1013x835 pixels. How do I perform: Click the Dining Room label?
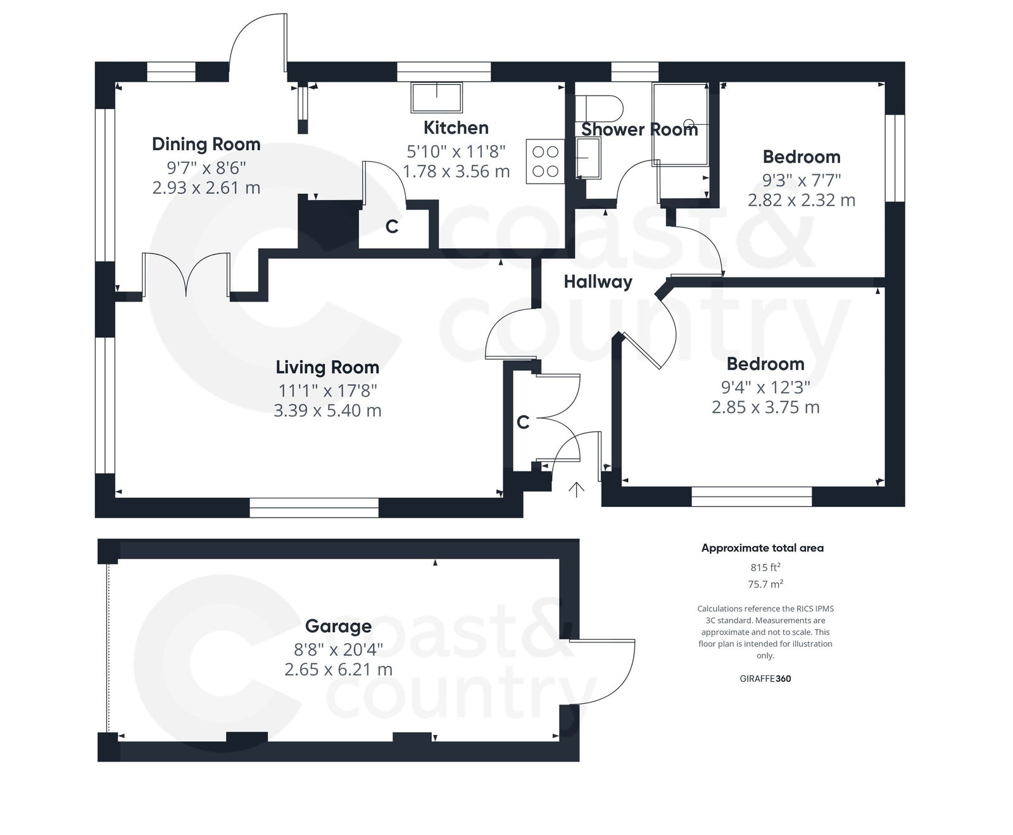coord(206,144)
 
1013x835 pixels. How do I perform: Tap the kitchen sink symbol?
coord(437,98)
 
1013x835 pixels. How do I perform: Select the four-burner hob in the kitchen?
coord(545,162)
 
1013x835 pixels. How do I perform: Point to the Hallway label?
coord(598,282)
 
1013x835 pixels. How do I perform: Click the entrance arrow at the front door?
coord(576,490)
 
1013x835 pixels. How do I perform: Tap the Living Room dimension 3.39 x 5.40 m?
coord(327,411)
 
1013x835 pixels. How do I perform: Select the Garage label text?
coord(338,627)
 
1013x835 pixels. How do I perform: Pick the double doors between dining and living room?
coord(186,275)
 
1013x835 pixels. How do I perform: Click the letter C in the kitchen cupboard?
coord(392,227)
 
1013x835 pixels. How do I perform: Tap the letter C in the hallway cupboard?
coord(523,423)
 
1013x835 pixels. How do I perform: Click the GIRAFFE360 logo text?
coord(765,679)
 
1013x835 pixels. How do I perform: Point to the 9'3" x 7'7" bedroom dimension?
coord(801,180)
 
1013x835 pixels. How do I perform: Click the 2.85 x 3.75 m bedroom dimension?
coord(765,407)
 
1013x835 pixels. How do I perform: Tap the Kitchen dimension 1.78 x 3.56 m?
coord(456,172)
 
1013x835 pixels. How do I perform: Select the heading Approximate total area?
coord(762,549)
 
